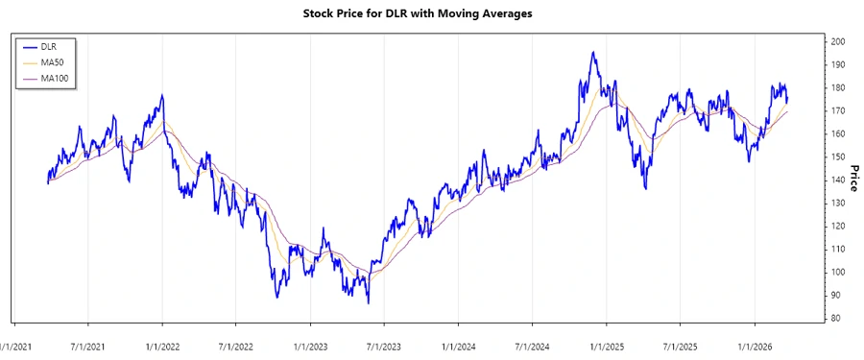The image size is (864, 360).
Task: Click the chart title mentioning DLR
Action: [x=431, y=14]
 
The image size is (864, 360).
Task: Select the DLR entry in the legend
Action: [x=49, y=46]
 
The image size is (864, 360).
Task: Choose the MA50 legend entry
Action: [x=53, y=61]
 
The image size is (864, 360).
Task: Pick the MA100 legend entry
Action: [x=55, y=77]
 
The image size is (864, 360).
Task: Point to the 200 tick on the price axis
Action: [x=838, y=42]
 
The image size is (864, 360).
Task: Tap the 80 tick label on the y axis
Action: [x=836, y=319]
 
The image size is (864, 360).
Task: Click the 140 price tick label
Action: [x=838, y=180]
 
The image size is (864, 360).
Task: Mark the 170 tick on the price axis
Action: [x=838, y=111]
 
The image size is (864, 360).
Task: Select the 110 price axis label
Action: [x=838, y=250]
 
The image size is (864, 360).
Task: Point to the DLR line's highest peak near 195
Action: [x=592, y=53]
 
